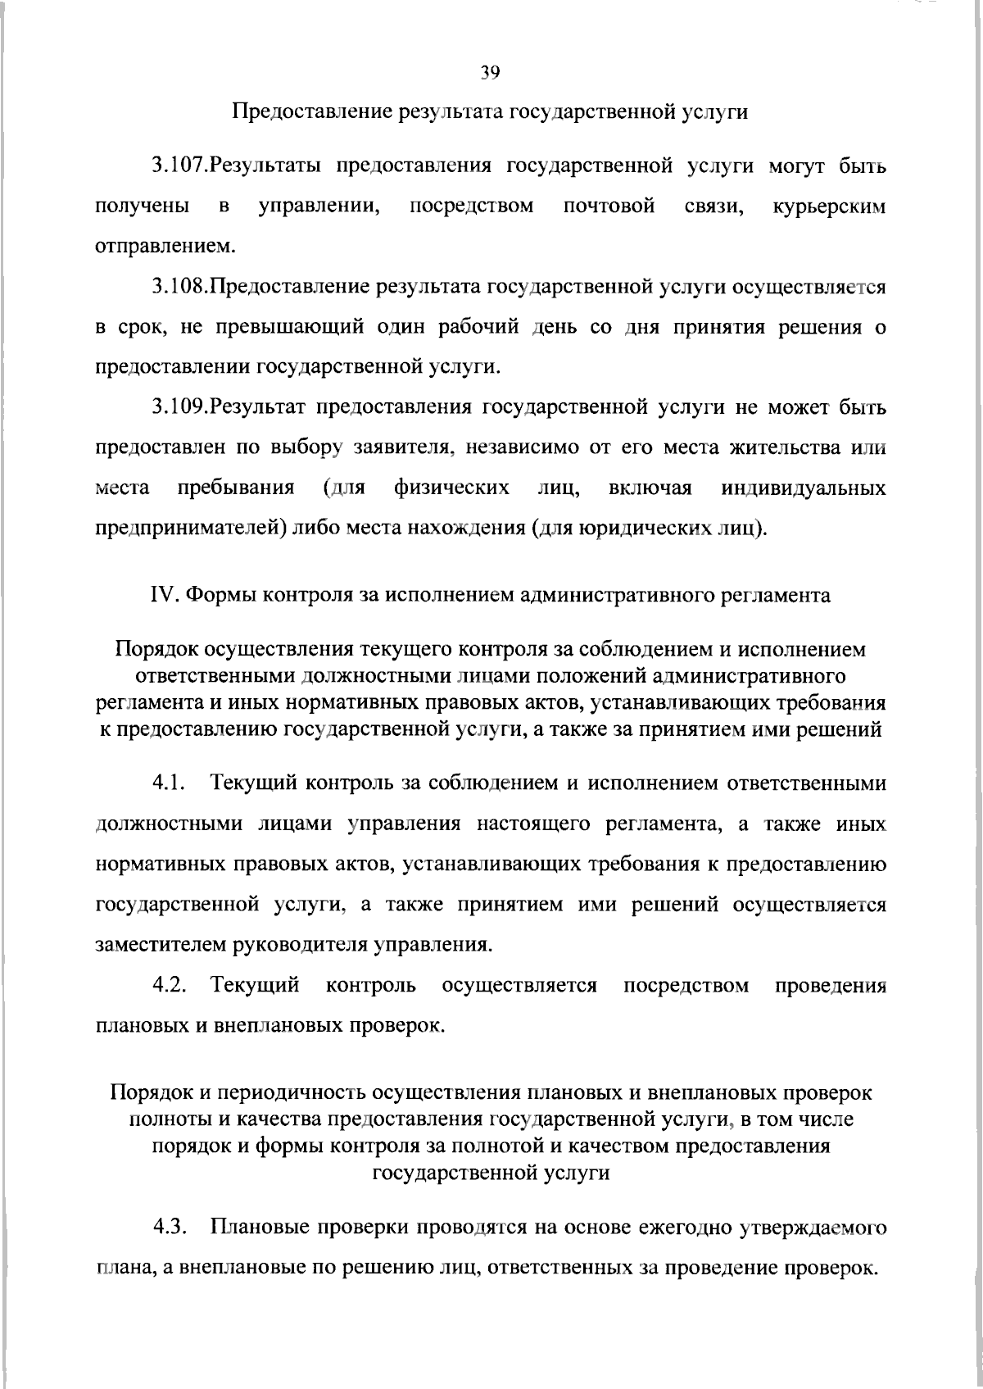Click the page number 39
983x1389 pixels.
coord(490,73)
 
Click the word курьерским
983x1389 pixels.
coord(829,207)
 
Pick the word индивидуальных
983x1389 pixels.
coord(804,488)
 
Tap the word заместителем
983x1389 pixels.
coord(159,944)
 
